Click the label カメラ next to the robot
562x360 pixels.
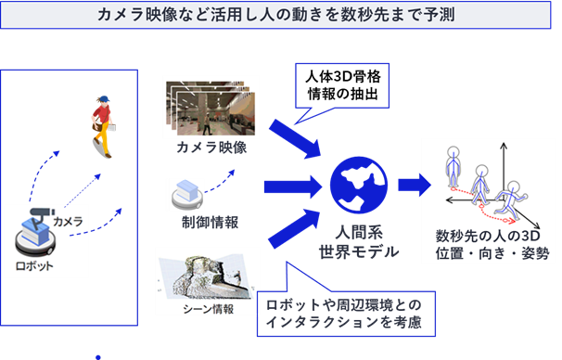(70, 222)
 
